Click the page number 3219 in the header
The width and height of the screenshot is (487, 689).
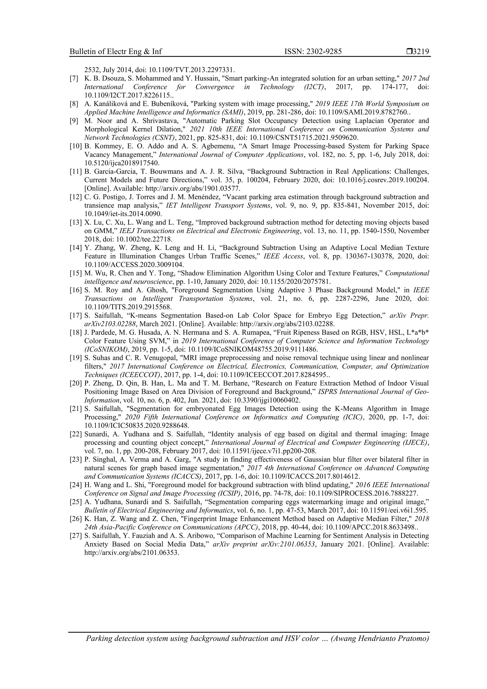coord(421,52)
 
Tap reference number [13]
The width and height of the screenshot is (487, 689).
coord(76,222)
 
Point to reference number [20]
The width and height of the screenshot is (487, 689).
coord(76,383)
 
